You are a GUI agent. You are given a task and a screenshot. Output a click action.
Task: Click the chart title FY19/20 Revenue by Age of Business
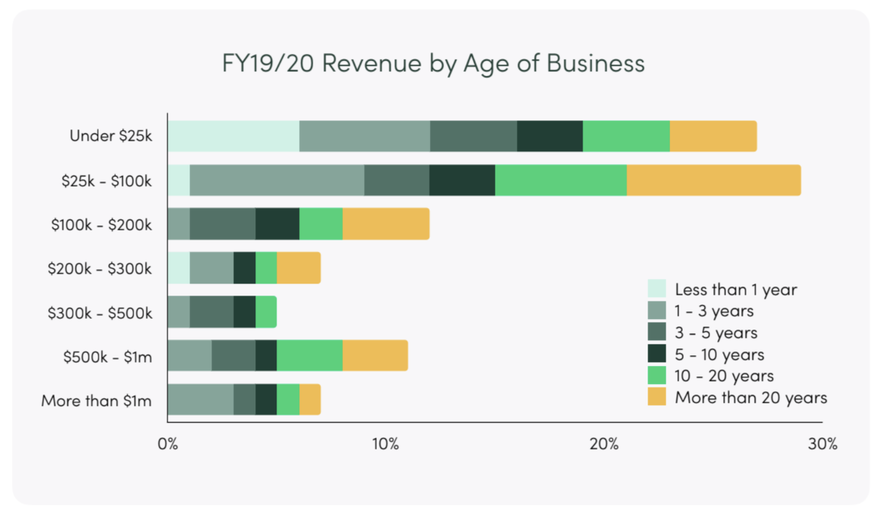[x=433, y=63]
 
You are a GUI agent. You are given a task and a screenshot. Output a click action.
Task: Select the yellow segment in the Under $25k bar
[x=713, y=136]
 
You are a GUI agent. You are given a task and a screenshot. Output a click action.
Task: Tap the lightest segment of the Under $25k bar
[x=233, y=136]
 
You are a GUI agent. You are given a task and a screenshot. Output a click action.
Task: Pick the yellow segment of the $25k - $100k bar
[x=713, y=180]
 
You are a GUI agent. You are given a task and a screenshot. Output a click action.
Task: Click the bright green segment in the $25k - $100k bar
[x=561, y=180]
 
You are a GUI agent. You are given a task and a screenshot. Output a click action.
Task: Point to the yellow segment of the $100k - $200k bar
[x=386, y=224]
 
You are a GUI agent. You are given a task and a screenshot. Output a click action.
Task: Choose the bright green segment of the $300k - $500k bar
[x=266, y=312]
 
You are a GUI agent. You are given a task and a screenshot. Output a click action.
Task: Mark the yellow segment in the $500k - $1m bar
[x=375, y=355]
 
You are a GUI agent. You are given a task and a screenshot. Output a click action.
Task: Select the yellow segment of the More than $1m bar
[x=310, y=399]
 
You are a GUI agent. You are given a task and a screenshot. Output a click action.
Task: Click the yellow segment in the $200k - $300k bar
[x=299, y=268]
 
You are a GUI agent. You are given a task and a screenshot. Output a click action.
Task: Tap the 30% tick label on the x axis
[x=822, y=444]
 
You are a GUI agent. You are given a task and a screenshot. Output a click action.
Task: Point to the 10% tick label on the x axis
[x=386, y=444]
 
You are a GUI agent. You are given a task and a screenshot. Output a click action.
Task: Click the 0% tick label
[x=167, y=444]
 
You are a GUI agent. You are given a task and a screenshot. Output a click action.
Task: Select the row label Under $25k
[x=111, y=136]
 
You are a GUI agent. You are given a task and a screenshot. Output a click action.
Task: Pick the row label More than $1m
[x=96, y=401]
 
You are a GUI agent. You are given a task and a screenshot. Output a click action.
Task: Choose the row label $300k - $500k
[x=100, y=313]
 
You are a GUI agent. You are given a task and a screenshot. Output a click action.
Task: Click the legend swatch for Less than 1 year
[x=656, y=289]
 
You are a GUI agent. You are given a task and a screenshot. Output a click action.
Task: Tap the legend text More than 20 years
[x=750, y=398]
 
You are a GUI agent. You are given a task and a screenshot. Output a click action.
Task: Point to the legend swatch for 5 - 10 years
[x=656, y=354]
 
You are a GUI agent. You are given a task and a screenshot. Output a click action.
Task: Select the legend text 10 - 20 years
[x=724, y=376]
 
